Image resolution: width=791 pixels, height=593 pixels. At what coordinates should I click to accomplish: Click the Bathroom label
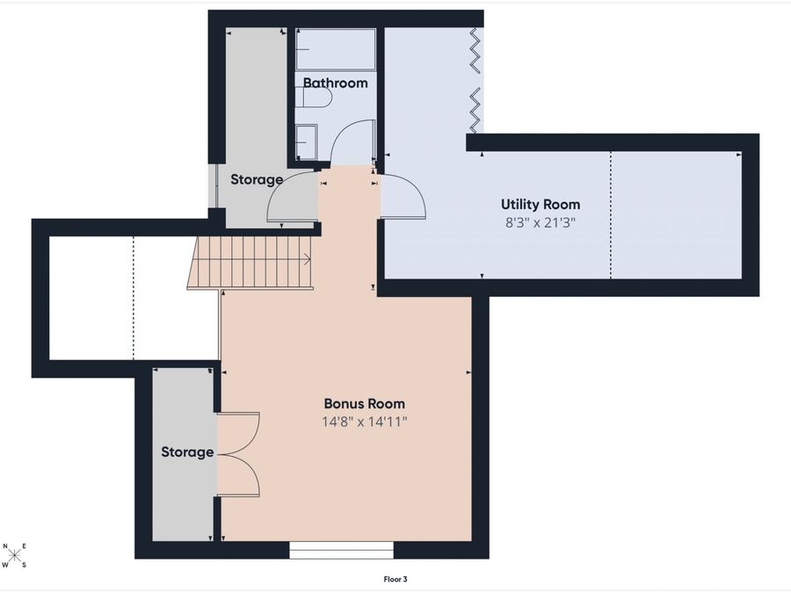[336, 83]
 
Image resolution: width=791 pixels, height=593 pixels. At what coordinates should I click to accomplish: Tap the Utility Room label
[541, 204]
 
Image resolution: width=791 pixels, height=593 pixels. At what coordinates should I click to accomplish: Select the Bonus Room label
[364, 403]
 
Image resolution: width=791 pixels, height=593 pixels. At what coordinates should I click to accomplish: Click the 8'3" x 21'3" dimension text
[541, 222]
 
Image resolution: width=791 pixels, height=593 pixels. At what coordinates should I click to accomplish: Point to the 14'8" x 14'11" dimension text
[365, 422]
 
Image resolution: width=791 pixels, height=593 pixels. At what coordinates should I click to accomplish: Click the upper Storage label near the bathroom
[257, 179]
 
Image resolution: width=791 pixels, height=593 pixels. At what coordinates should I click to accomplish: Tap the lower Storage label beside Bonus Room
[187, 452]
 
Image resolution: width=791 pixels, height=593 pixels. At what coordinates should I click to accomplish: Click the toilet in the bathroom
[316, 98]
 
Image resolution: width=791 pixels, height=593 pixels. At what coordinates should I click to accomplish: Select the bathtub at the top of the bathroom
[336, 49]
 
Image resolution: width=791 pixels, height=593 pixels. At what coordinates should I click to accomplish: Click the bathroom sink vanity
[306, 141]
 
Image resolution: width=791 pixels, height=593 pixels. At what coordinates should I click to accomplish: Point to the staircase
[250, 263]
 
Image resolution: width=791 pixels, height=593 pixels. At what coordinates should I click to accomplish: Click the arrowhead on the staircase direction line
[308, 260]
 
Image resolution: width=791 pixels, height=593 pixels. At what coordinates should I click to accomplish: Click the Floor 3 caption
[395, 580]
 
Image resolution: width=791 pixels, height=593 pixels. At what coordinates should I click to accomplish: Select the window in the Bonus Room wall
[342, 550]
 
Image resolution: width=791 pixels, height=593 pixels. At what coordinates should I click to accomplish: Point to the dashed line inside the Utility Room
[611, 215]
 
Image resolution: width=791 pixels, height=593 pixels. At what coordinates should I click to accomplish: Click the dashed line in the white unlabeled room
[134, 298]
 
